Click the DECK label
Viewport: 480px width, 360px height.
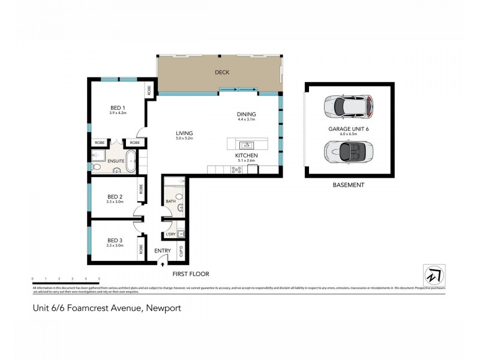[222, 73]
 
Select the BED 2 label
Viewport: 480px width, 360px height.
[115, 196]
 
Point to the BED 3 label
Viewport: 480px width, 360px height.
[115, 240]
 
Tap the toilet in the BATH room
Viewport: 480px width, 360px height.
[179, 197]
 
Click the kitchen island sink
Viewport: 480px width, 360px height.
[245, 145]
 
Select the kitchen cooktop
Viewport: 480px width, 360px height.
[236, 169]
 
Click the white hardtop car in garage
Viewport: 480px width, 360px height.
[347, 106]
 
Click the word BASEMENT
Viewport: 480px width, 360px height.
[348, 185]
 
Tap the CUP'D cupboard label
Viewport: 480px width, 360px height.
[181, 251]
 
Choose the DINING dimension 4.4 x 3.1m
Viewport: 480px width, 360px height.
[246, 120]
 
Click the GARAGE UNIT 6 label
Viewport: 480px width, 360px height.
[347, 128]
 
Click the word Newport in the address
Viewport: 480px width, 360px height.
[161, 308]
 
